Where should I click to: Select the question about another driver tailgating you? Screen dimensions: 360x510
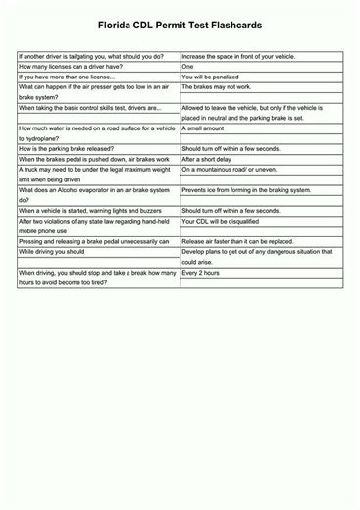point(90,57)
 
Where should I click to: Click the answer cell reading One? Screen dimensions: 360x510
point(188,67)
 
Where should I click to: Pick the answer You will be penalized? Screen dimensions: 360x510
point(214,76)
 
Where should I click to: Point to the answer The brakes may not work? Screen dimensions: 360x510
point(218,87)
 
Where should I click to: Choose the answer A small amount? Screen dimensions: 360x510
point(204,128)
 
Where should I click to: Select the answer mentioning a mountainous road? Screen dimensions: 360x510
point(230,170)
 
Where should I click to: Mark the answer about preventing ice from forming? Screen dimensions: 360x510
point(246,190)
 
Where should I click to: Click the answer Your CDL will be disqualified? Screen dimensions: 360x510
point(226,221)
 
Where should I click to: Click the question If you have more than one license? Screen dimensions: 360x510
point(68,76)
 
